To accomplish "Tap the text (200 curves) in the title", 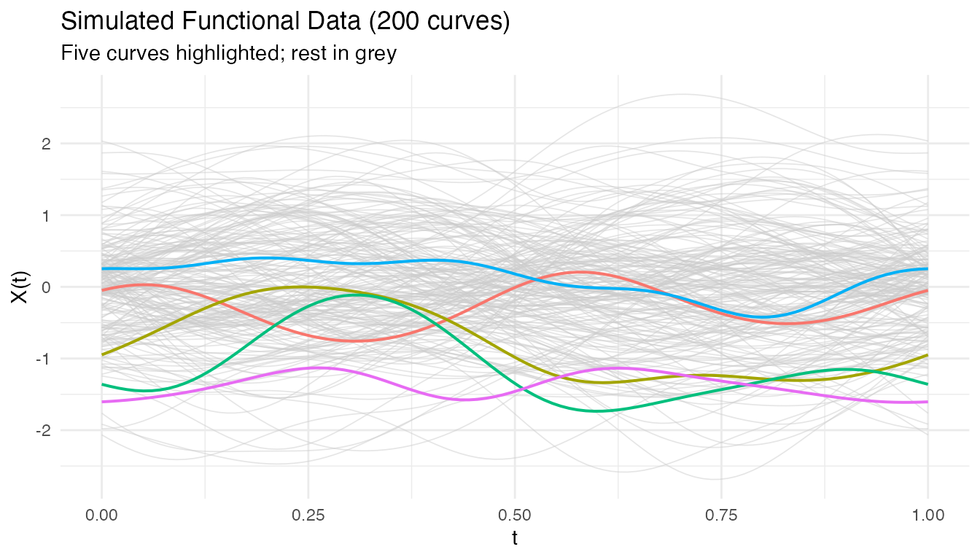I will [x=440, y=22].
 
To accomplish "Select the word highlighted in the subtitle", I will [x=206, y=53].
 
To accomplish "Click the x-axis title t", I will [x=515, y=540].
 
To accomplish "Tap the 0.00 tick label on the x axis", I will [x=101, y=515].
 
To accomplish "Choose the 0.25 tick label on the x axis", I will [x=308, y=515].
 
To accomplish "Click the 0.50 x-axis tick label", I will [x=515, y=515].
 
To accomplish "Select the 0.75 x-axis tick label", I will [x=721, y=515].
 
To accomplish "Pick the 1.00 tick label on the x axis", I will [x=927, y=515].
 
